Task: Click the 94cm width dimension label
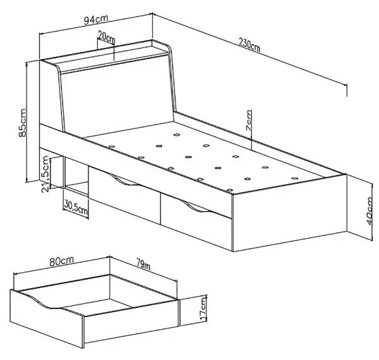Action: point(96,20)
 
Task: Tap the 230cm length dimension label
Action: point(250,45)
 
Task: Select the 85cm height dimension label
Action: point(22,123)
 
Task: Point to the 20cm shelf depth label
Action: point(106,37)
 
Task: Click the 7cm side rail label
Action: point(248,120)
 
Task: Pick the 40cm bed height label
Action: point(369,211)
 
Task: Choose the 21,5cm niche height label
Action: point(45,174)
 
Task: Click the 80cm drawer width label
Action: point(61,261)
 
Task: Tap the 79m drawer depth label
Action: point(143,264)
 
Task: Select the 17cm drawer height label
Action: point(203,309)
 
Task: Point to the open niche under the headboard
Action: point(76,176)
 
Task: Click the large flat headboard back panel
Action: point(117,97)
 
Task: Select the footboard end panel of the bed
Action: point(289,212)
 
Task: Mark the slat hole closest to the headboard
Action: point(177,135)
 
